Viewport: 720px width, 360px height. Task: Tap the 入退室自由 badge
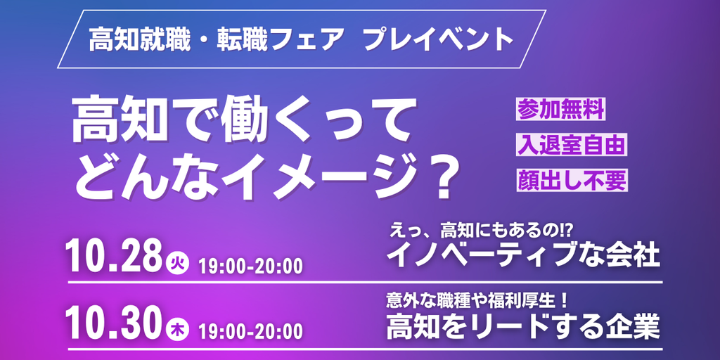[571, 145]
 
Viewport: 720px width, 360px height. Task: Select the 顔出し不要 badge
[571, 180]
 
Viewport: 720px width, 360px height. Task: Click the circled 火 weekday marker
[175, 265]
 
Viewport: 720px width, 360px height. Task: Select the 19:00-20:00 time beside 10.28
[250, 266]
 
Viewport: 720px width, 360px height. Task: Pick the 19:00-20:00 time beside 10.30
[250, 330]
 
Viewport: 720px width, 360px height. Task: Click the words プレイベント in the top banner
[437, 40]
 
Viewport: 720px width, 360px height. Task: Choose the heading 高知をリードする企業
[524, 326]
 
